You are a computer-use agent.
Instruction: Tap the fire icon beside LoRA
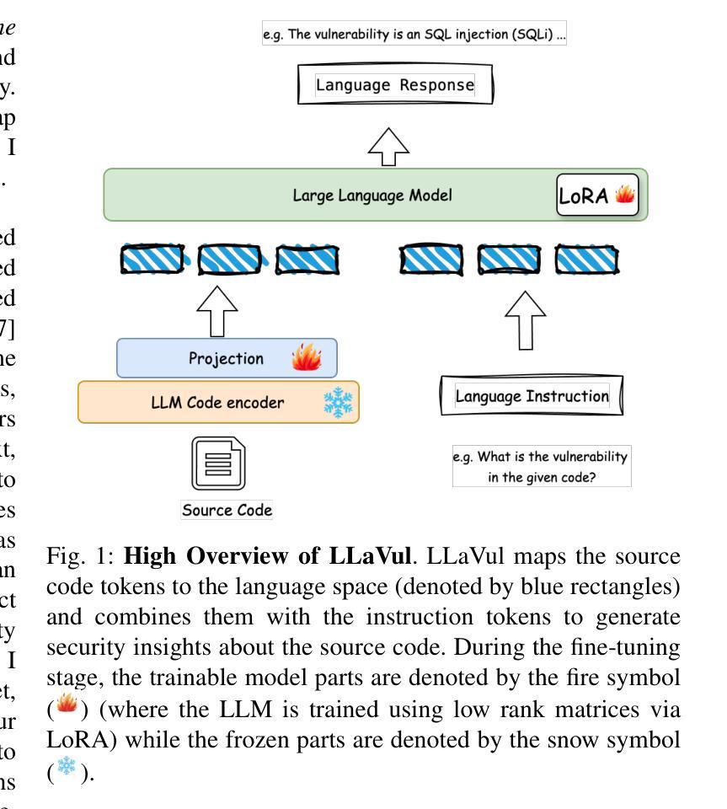click(x=624, y=195)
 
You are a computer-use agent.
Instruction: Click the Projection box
click(x=226, y=358)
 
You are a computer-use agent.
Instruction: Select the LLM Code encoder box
click(x=218, y=402)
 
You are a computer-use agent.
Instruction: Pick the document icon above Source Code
click(x=217, y=464)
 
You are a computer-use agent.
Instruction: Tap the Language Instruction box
click(x=531, y=395)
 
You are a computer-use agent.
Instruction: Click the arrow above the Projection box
click(x=217, y=308)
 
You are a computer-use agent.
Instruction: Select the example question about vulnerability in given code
click(x=541, y=466)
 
